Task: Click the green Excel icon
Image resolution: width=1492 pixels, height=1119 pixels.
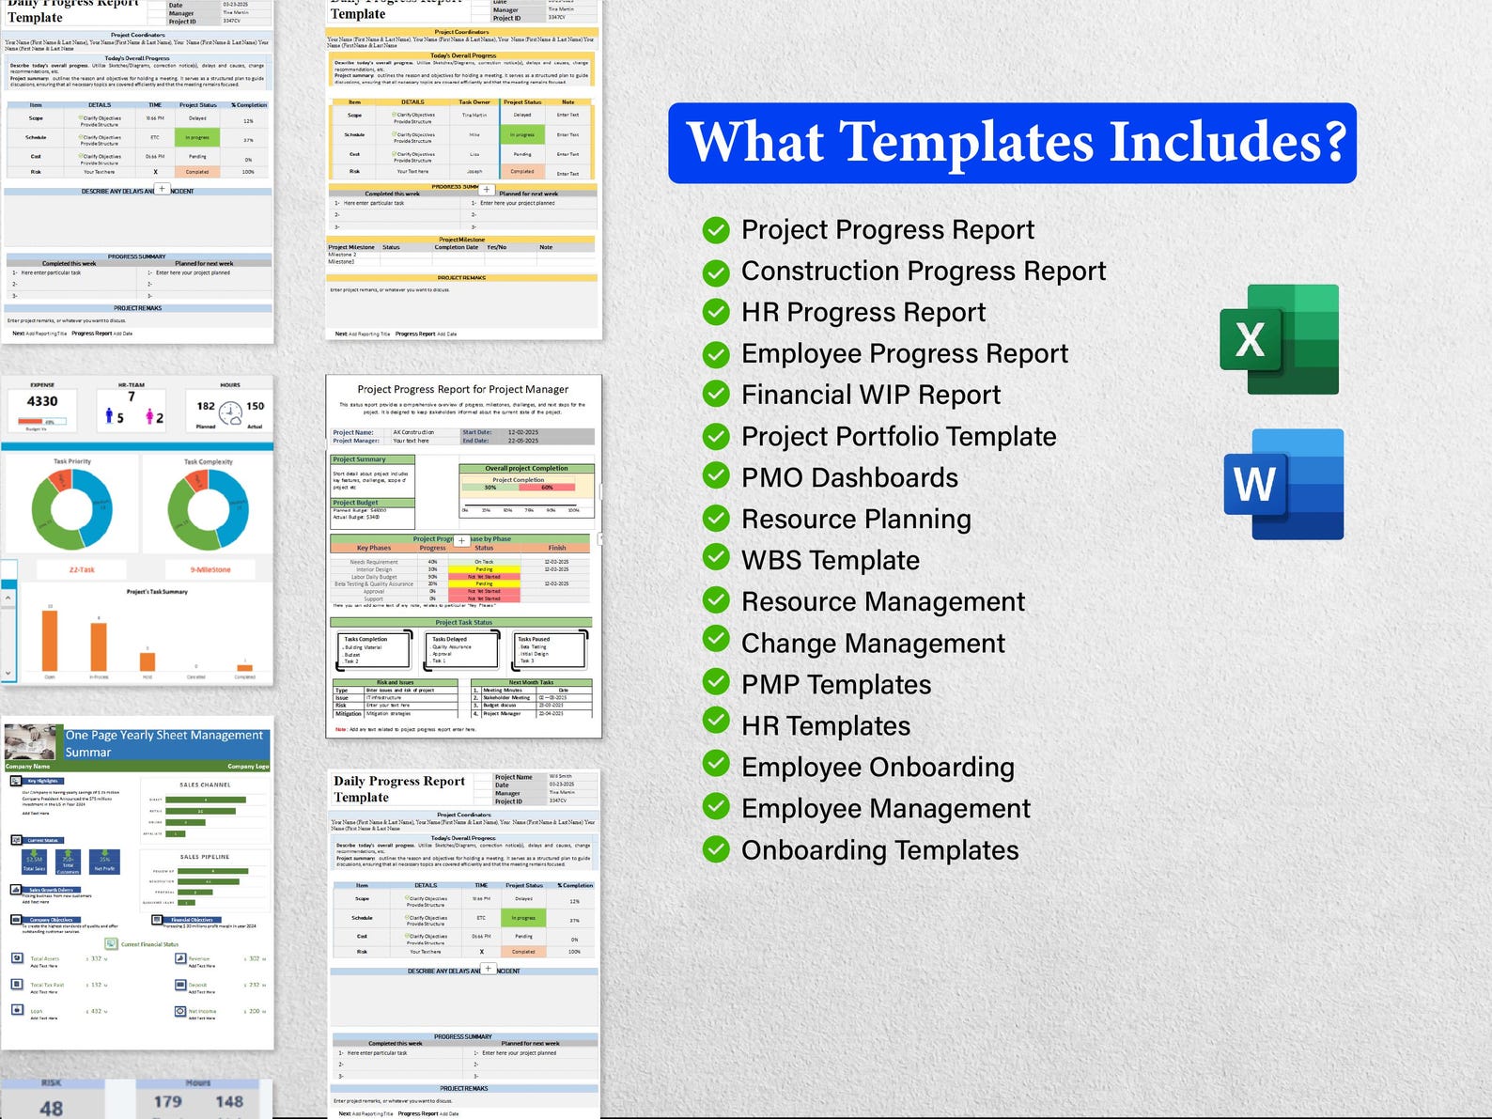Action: (1279, 339)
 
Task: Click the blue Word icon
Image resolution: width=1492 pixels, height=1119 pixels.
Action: (1283, 484)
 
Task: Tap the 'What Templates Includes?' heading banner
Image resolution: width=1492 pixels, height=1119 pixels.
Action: (1012, 143)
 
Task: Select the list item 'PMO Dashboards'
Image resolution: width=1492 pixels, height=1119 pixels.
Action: (849, 477)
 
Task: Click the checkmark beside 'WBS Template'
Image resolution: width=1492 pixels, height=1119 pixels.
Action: (716, 559)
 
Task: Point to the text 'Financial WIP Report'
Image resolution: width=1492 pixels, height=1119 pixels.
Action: (870, 395)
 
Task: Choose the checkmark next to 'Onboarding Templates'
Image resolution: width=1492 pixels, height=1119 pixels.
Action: (716, 849)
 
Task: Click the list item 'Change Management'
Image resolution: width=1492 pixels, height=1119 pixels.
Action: (873, 643)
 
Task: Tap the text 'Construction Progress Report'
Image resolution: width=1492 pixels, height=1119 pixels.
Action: (923, 271)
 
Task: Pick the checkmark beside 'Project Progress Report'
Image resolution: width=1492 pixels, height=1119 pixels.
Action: (716, 229)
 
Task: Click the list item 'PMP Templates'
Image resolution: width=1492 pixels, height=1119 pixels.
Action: (836, 684)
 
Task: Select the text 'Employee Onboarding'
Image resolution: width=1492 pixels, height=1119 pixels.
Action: (878, 767)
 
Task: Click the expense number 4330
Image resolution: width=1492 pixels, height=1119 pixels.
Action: (42, 401)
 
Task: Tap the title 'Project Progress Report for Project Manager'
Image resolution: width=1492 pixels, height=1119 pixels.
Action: (462, 389)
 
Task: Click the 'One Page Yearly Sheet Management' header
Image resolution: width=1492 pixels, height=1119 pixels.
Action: (164, 743)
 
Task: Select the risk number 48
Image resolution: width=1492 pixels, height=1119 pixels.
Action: (52, 1108)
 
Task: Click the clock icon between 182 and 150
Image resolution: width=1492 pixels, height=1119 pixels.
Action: (230, 412)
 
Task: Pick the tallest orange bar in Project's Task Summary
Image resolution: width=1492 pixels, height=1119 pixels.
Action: (49, 640)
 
